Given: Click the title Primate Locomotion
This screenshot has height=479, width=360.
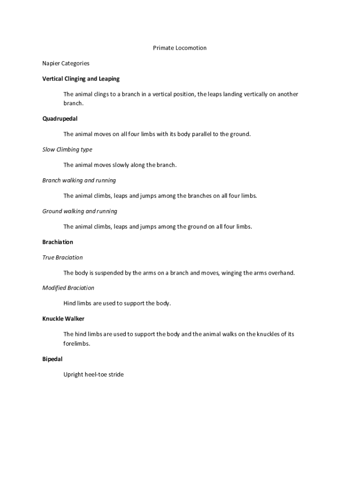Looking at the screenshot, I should click(x=180, y=48).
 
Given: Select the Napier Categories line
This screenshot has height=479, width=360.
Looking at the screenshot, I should click(x=66, y=63).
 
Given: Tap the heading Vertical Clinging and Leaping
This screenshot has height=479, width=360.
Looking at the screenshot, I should click(x=81, y=79).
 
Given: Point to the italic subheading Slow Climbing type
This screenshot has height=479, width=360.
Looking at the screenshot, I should click(x=67, y=150).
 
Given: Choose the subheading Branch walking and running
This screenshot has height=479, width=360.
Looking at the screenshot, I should click(x=79, y=181).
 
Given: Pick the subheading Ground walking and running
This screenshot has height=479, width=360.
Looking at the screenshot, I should click(x=79, y=211).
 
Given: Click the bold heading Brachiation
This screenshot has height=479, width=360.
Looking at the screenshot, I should click(x=58, y=242).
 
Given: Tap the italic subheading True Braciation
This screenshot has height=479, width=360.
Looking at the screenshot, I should click(x=62, y=258).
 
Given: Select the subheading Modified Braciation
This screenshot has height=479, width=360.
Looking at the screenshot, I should click(x=68, y=288).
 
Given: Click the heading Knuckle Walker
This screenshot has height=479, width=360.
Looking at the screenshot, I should click(x=63, y=319).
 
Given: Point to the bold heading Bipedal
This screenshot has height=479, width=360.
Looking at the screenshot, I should click(x=52, y=359).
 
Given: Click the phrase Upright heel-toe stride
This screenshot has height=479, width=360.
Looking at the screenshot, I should click(x=94, y=375).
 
